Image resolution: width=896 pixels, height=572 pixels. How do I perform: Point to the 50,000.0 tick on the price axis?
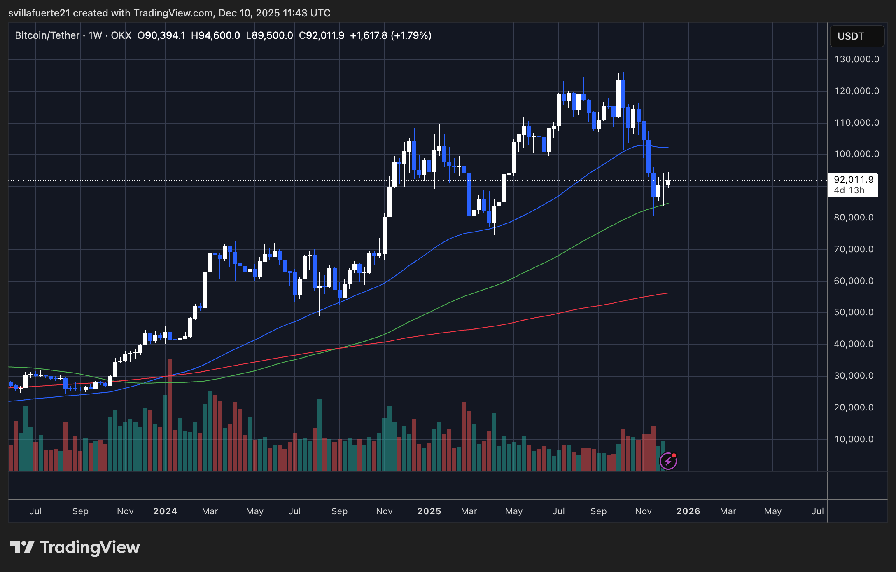point(854,312)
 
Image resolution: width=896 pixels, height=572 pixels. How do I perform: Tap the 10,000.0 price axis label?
point(854,439)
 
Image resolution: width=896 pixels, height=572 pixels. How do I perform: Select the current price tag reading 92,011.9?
point(854,180)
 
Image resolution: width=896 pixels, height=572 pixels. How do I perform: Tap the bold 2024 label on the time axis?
point(165,511)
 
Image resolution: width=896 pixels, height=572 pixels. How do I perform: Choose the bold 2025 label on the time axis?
point(429,511)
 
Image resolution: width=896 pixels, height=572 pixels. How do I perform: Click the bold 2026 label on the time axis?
point(688,511)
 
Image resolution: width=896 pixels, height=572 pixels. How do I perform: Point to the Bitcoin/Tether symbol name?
point(47,35)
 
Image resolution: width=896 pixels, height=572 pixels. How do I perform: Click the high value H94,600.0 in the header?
point(215,35)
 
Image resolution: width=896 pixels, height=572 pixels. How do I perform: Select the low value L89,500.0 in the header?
point(269,35)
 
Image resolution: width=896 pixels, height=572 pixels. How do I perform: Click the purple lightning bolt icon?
point(668,461)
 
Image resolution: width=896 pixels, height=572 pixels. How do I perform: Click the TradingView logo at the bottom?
point(75,547)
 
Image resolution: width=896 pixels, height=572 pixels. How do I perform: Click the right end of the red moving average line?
point(668,293)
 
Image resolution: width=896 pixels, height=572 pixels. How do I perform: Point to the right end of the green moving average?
point(668,203)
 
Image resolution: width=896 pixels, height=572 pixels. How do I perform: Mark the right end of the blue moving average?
point(668,148)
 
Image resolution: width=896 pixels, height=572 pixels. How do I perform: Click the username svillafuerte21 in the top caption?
point(39,13)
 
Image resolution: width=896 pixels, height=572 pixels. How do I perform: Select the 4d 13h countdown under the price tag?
point(849,190)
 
